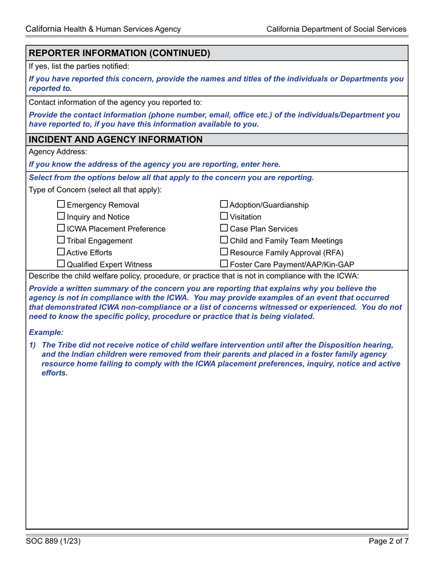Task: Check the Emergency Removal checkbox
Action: [61, 205]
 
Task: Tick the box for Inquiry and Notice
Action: [61, 217]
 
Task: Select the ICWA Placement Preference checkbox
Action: [61, 228]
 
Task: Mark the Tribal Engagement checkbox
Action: [61, 240]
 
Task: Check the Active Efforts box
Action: [61, 252]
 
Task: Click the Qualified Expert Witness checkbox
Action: [61, 264]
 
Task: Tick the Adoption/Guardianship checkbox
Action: [224, 205]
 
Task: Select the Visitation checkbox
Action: [224, 217]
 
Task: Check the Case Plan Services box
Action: [224, 228]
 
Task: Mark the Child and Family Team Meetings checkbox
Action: [224, 240]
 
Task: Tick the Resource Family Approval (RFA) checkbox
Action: [224, 252]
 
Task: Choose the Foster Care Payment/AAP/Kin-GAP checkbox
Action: [224, 264]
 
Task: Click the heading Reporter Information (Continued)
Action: [119, 53]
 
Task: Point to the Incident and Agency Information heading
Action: [116, 139]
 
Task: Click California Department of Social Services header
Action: [336, 29]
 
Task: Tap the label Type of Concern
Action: [95, 190]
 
